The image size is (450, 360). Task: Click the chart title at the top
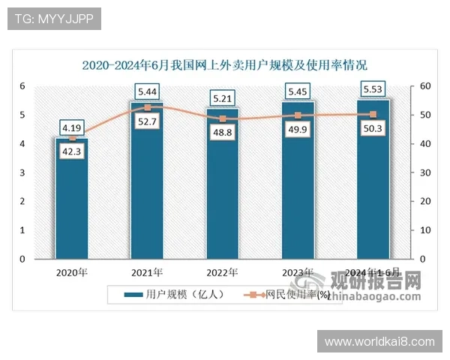pyautogui.click(x=224, y=65)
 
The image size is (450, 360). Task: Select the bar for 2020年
pyautogui.click(x=72, y=210)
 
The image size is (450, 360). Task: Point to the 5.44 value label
pyautogui.click(x=147, y=91)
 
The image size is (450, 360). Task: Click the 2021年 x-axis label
pyautogui.click(x=147, y=271)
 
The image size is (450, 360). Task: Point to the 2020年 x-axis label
pyautogui.click(x=72, y=271)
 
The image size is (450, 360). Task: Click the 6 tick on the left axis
pyautogui.click(x=22, y=86)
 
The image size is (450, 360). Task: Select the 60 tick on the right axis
pyautogui.click(x=424, y=86)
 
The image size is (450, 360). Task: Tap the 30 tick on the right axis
pyautogui.click(x=424, y=172)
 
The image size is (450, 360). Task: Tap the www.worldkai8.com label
pyautogui.click(x=379, y=342)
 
